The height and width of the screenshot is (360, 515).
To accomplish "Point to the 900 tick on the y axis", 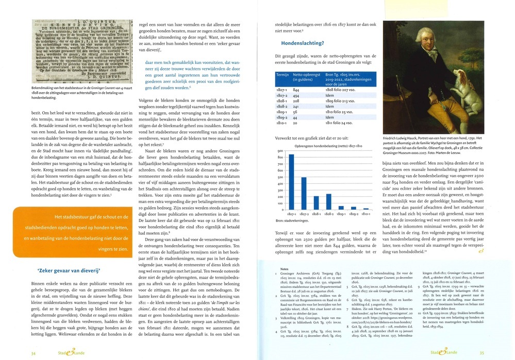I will pyautogui.click(x=281, y=148).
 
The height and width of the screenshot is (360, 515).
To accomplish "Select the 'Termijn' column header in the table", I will pyautogui.click(x=283, y=75).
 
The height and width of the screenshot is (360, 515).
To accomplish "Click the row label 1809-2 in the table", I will pyautogui.click(x=283, y=118).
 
